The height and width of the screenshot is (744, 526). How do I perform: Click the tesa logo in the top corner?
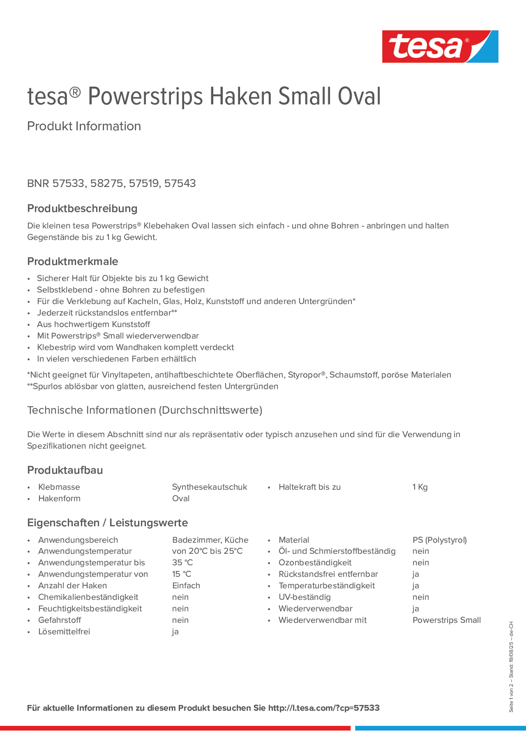440,46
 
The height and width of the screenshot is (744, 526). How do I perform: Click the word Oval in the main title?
359,97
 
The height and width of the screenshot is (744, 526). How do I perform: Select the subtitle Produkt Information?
84,126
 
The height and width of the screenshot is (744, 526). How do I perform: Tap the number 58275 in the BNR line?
107,183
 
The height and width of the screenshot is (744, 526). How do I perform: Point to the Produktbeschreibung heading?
82,208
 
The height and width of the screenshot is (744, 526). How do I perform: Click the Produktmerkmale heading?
73,261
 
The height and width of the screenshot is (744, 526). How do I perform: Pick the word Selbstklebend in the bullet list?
65,290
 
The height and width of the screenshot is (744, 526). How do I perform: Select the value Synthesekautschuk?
210,487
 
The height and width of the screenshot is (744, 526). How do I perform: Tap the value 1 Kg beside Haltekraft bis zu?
420,487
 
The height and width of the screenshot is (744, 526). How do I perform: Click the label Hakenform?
59,498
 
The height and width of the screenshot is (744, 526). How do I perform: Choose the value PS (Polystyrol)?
439,540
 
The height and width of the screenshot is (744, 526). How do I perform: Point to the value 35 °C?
182,563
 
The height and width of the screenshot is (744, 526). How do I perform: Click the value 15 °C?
181,574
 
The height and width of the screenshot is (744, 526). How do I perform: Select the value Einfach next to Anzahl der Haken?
186,586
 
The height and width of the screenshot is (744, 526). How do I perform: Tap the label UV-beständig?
304,597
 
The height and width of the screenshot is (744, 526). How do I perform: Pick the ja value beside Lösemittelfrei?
175,631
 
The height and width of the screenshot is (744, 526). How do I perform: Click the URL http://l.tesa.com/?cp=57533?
324,708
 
